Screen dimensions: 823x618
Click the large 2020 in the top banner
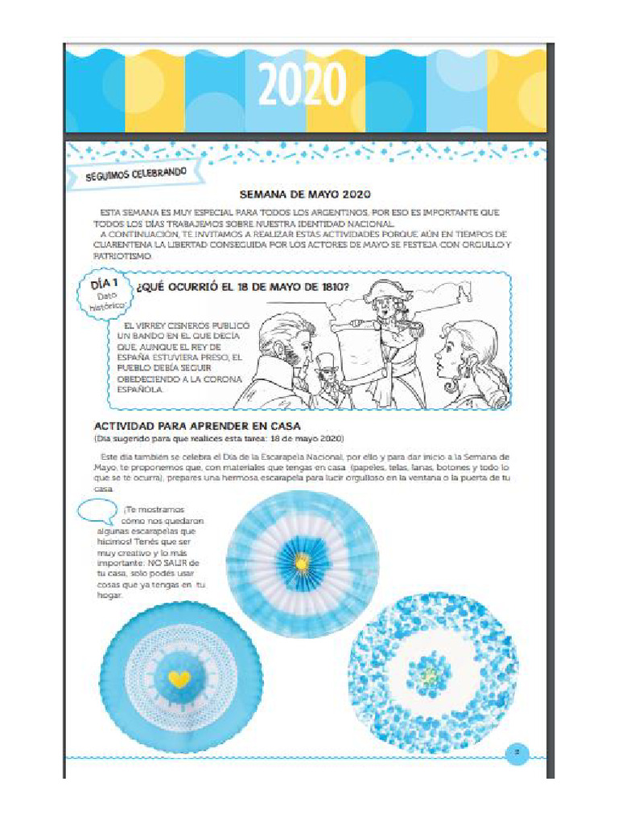(303, 85)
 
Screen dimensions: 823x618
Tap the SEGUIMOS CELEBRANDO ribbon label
(136, 174)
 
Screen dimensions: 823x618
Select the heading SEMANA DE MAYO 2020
(305, 194)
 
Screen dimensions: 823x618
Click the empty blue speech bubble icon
(98, 511)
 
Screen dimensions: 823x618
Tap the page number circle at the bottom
(517, 754)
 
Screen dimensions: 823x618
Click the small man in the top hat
(326, 370)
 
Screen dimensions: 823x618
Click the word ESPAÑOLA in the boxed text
(140, 390)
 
